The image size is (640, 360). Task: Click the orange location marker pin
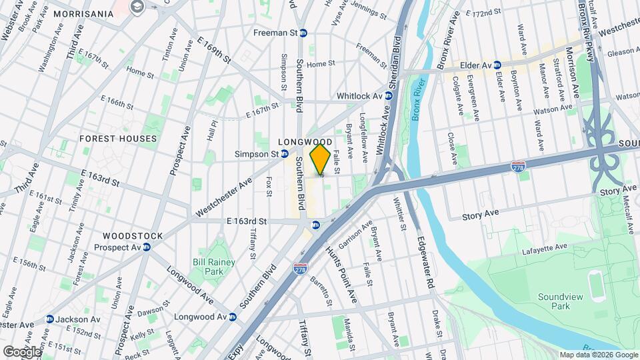point(321,160)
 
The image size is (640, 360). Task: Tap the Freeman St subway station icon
point(303,33)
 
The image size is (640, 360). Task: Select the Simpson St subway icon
point(285,154)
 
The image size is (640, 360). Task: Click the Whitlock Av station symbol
point(389,96)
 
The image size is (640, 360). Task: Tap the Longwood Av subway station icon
point(233,317)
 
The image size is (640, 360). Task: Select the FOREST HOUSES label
point(118,139)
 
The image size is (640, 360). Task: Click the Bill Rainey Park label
point(214,267)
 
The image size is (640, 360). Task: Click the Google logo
point(23,351)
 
